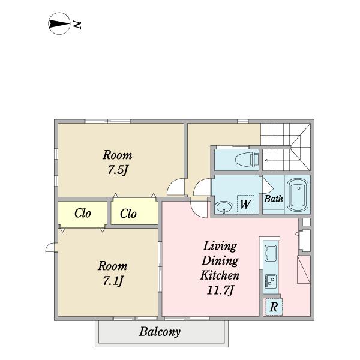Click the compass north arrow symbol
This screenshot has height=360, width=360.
(59, 23)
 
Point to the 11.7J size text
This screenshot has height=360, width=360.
(220, 290)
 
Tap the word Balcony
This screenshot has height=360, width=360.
(160, 332)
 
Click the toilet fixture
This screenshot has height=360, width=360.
(247, 159)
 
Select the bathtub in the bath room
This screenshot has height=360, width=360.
(298, 194)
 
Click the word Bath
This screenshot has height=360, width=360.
(273, 199)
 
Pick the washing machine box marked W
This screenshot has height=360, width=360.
(245, 203)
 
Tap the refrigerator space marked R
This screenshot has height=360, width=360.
(273, 307)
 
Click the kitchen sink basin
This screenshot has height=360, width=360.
(271, 253)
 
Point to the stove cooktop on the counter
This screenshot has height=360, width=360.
(271, 281)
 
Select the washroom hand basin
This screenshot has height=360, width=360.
(224, 208)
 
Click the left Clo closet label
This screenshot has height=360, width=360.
(83, 213)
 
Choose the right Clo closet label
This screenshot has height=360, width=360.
(128, 214)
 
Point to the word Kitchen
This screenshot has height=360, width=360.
(220, 275)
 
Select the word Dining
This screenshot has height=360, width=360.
(220, 261)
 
